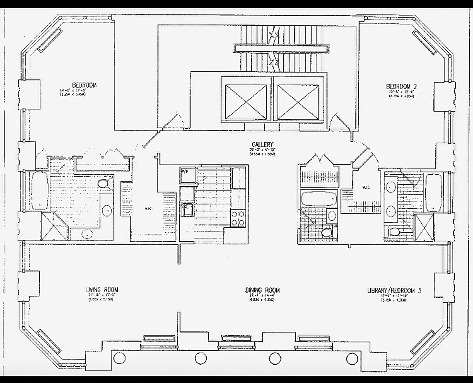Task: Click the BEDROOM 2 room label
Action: click(402, 87)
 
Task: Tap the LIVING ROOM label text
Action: click(101, 290)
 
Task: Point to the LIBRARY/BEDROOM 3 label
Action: click(394, 290)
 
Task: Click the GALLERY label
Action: click(262, 145)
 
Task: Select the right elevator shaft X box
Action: click(298, 102)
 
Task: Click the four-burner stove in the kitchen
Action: click(238, 218)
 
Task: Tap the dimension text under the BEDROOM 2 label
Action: click(402, 94)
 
